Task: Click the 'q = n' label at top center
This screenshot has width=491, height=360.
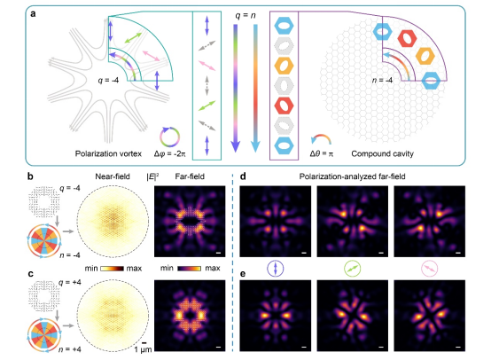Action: point(245,15)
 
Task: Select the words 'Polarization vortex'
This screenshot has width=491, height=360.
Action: point(108,153)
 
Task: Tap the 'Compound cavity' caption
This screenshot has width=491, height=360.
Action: point(382,153)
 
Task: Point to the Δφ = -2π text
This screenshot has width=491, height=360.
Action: point(169,153)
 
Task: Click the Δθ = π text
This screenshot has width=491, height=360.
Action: point(322,153)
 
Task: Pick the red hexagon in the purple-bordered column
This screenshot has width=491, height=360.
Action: point(284,106)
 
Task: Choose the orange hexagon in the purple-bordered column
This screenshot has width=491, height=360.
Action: point(284,66)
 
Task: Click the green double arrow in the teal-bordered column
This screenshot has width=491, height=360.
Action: point(207,106)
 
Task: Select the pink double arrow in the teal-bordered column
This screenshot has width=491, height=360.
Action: point(207,66)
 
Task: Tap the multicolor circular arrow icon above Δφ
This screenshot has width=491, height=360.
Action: point(169,137)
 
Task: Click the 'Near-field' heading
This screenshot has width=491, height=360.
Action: point(113,176)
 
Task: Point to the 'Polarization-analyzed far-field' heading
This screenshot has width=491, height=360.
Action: point(352,176)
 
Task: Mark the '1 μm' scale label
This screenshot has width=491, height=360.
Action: point(143,349)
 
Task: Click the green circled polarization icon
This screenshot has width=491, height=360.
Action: point(352,269)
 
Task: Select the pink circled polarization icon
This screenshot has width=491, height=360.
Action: point(429,269)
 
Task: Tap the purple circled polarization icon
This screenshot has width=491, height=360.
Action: point(276,269)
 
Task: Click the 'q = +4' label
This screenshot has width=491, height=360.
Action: point(70,283)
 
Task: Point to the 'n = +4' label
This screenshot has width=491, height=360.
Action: point(70,349)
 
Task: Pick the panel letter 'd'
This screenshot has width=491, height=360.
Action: point(243,176)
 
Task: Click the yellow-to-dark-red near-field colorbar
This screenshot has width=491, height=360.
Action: point(112,269)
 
